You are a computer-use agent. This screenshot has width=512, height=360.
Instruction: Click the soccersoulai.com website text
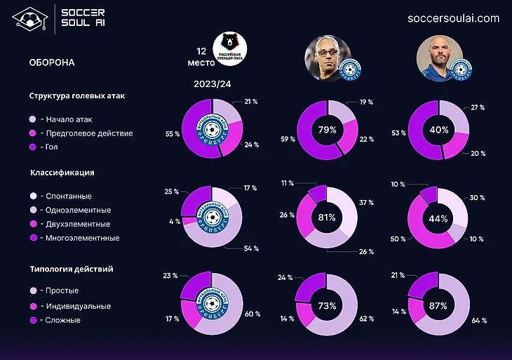[x=453, y=18]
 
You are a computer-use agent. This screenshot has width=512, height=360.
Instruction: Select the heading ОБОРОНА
[x=52, y=62]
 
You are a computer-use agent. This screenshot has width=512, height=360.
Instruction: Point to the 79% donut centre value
[x=327, y=130]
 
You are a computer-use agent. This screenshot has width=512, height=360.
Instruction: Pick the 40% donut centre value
[x=438, y=130]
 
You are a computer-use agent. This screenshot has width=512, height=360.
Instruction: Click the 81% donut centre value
[x=327, y=218]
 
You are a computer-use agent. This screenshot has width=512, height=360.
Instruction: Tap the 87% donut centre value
[x=438, y=307]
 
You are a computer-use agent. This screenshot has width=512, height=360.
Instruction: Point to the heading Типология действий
[x=72, y=269]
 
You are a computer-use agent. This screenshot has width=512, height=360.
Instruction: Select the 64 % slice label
[x=480, y=320]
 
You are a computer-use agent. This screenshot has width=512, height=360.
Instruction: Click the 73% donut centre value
[x=327, y=307]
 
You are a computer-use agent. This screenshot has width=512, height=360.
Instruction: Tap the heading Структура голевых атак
[x=77, y=95]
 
